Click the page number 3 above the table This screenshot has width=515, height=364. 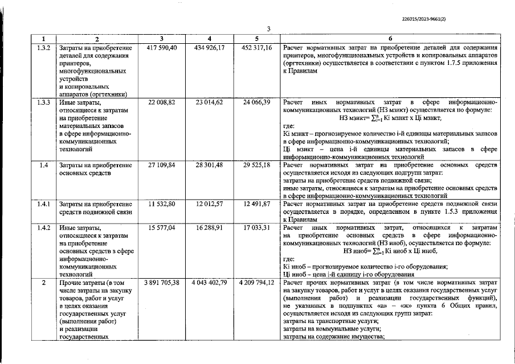click(267, 29)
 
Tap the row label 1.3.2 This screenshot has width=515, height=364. click(44, 48)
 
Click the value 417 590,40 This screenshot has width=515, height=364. click(162, 48)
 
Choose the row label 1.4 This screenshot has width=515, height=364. click(44, 165)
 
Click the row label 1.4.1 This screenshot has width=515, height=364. click(44, 204)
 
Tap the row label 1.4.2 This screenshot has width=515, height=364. click(44, 227)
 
